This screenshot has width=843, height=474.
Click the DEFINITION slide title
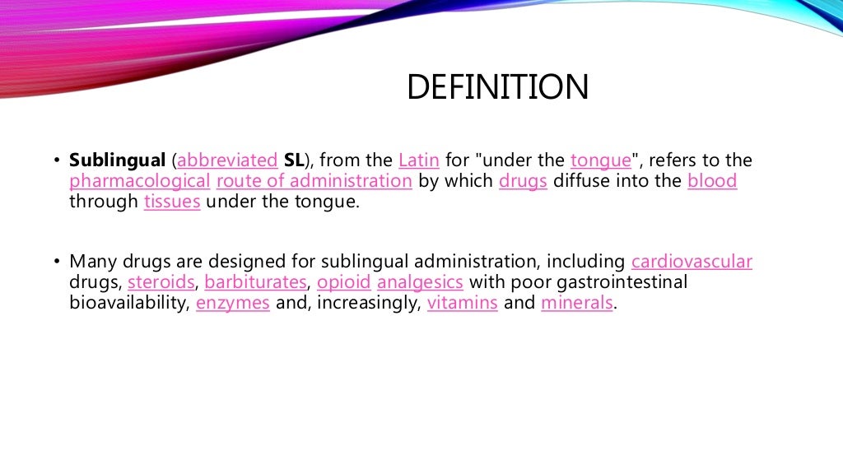498,88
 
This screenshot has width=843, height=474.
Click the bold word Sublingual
118,160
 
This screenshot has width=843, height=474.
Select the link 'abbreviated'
227,160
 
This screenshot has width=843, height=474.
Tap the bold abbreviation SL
294,160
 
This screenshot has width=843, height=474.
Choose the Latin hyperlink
419,160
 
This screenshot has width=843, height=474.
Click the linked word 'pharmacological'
140,181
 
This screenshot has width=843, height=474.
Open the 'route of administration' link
314,181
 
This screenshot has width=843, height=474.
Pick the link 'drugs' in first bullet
523,181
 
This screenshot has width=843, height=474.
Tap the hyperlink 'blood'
712,181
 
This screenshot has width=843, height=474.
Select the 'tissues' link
172,202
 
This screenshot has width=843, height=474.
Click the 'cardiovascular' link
692,263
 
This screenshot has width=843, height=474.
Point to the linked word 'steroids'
161,282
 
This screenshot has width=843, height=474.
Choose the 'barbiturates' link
256,282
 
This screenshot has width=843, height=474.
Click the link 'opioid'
343,282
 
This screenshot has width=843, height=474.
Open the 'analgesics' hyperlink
421,282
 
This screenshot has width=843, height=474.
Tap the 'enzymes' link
233,303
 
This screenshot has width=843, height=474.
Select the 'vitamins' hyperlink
462,303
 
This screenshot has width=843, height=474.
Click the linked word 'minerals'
577,303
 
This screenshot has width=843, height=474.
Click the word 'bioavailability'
129,303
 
